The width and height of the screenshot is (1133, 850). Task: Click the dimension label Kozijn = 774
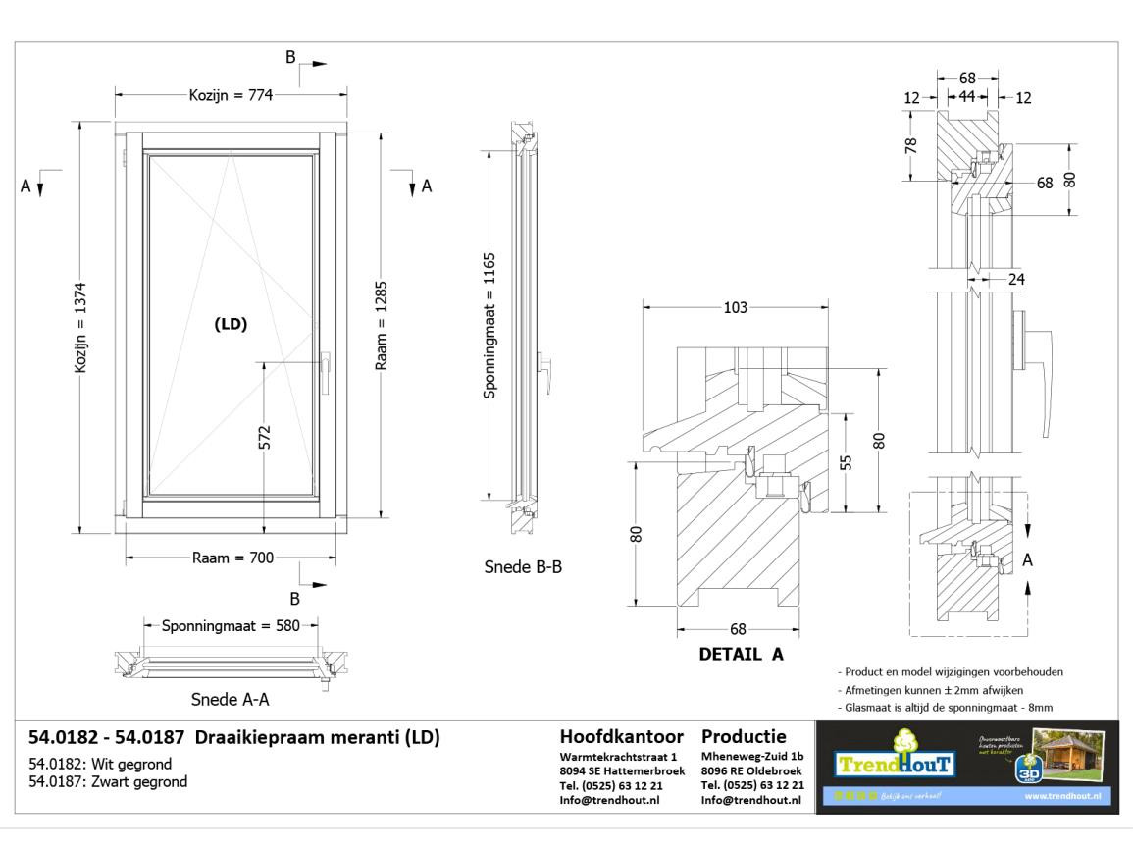pyautogui.click(x=231, y=95)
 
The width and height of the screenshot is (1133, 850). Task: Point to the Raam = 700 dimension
pyautogui.click(x=232, y=558)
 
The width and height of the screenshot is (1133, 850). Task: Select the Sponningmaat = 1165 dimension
pyautogui.click(x=490, y=327)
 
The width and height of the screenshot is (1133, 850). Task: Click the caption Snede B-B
pyautogui.click(x=523, y=567)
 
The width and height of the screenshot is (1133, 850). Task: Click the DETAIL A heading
pyautogui.click(x=741, y=655)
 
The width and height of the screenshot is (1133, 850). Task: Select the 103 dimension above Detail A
pyautogui.click(x=735, y=307)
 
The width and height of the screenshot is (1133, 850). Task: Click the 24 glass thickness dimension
pyautogui.click(x=1016, y=279)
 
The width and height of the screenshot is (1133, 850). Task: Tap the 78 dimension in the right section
pyautogui.click(x=911, y=144)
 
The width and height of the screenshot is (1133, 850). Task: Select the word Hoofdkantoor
pyautogui.click(x=622, y=736)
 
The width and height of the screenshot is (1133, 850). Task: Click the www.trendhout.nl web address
pyautogui.click(x=1066, y=795)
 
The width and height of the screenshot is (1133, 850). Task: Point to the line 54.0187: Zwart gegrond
pyautogui.click(x=108, y=782)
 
